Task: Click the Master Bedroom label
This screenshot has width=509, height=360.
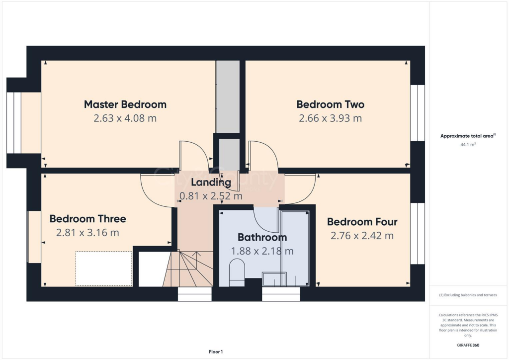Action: pos(125,104)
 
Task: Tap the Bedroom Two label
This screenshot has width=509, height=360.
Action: pos(330,104)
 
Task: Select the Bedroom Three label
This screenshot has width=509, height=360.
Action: pos(87,219)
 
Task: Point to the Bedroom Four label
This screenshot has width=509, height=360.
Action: pos(362,222)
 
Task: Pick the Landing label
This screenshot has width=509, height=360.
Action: pos(211,182)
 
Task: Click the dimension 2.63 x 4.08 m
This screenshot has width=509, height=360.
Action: pos(125,118)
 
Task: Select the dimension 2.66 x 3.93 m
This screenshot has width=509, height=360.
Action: pos(330,118)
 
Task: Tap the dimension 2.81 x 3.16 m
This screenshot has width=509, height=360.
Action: pos(87,233)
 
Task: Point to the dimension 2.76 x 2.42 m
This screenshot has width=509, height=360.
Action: pos(362,236)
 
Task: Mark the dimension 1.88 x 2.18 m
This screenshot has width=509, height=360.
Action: pos(262,251)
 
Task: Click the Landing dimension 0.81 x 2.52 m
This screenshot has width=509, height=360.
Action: pos(211,196)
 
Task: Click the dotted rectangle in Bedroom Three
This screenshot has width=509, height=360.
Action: pos(103,269)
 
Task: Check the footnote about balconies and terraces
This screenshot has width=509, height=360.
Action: pos(468,295)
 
